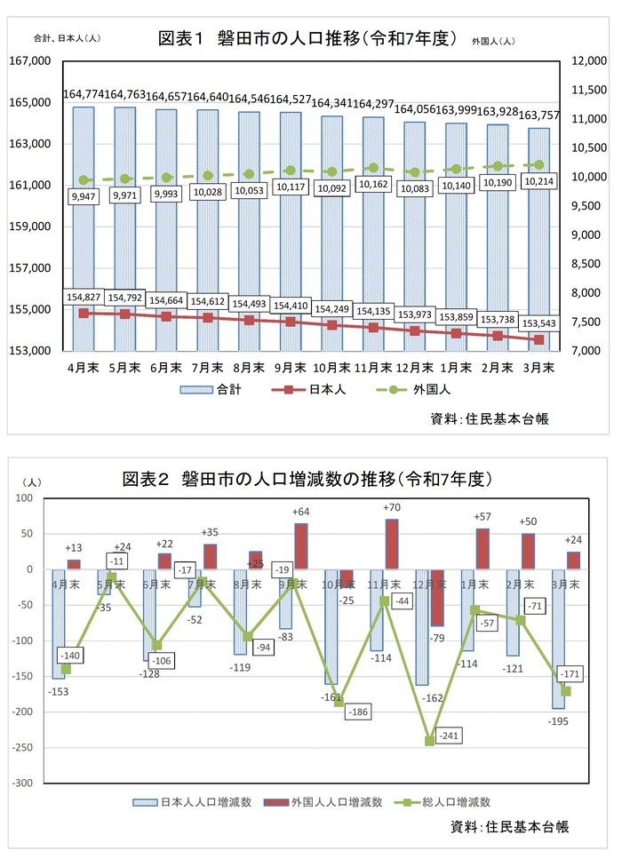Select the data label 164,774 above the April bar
84,94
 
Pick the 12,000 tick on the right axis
586,61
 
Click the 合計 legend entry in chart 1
211,389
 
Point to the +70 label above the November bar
392,507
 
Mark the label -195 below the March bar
558,720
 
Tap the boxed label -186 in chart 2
360,712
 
